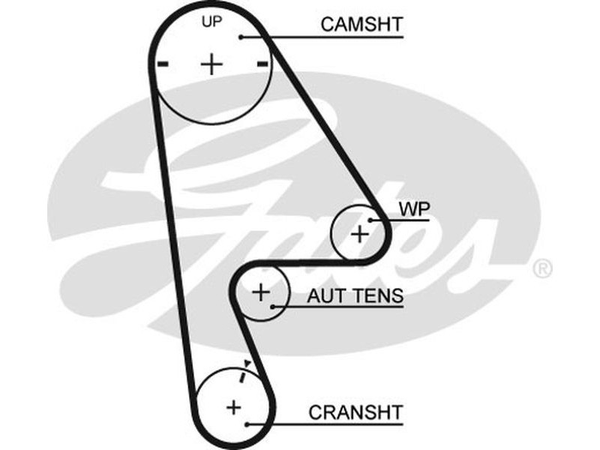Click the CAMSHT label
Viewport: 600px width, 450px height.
point(361,24)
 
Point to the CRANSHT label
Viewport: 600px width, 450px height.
point(355,412)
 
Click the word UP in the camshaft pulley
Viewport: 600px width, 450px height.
point(212,22)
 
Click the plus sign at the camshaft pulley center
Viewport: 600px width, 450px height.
point(212,64)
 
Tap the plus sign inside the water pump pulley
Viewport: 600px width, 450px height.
point(360,233)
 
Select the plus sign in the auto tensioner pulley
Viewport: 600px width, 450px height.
point(260,292)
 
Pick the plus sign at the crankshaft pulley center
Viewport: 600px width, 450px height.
point(234,407)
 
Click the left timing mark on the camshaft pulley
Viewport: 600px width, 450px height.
point(163,64)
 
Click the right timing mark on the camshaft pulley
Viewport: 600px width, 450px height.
point(262,64)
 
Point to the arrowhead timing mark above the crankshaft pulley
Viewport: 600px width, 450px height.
point(247,364)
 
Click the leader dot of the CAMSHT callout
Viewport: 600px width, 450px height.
point(241,36)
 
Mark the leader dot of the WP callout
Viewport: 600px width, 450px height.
point(370,219)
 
